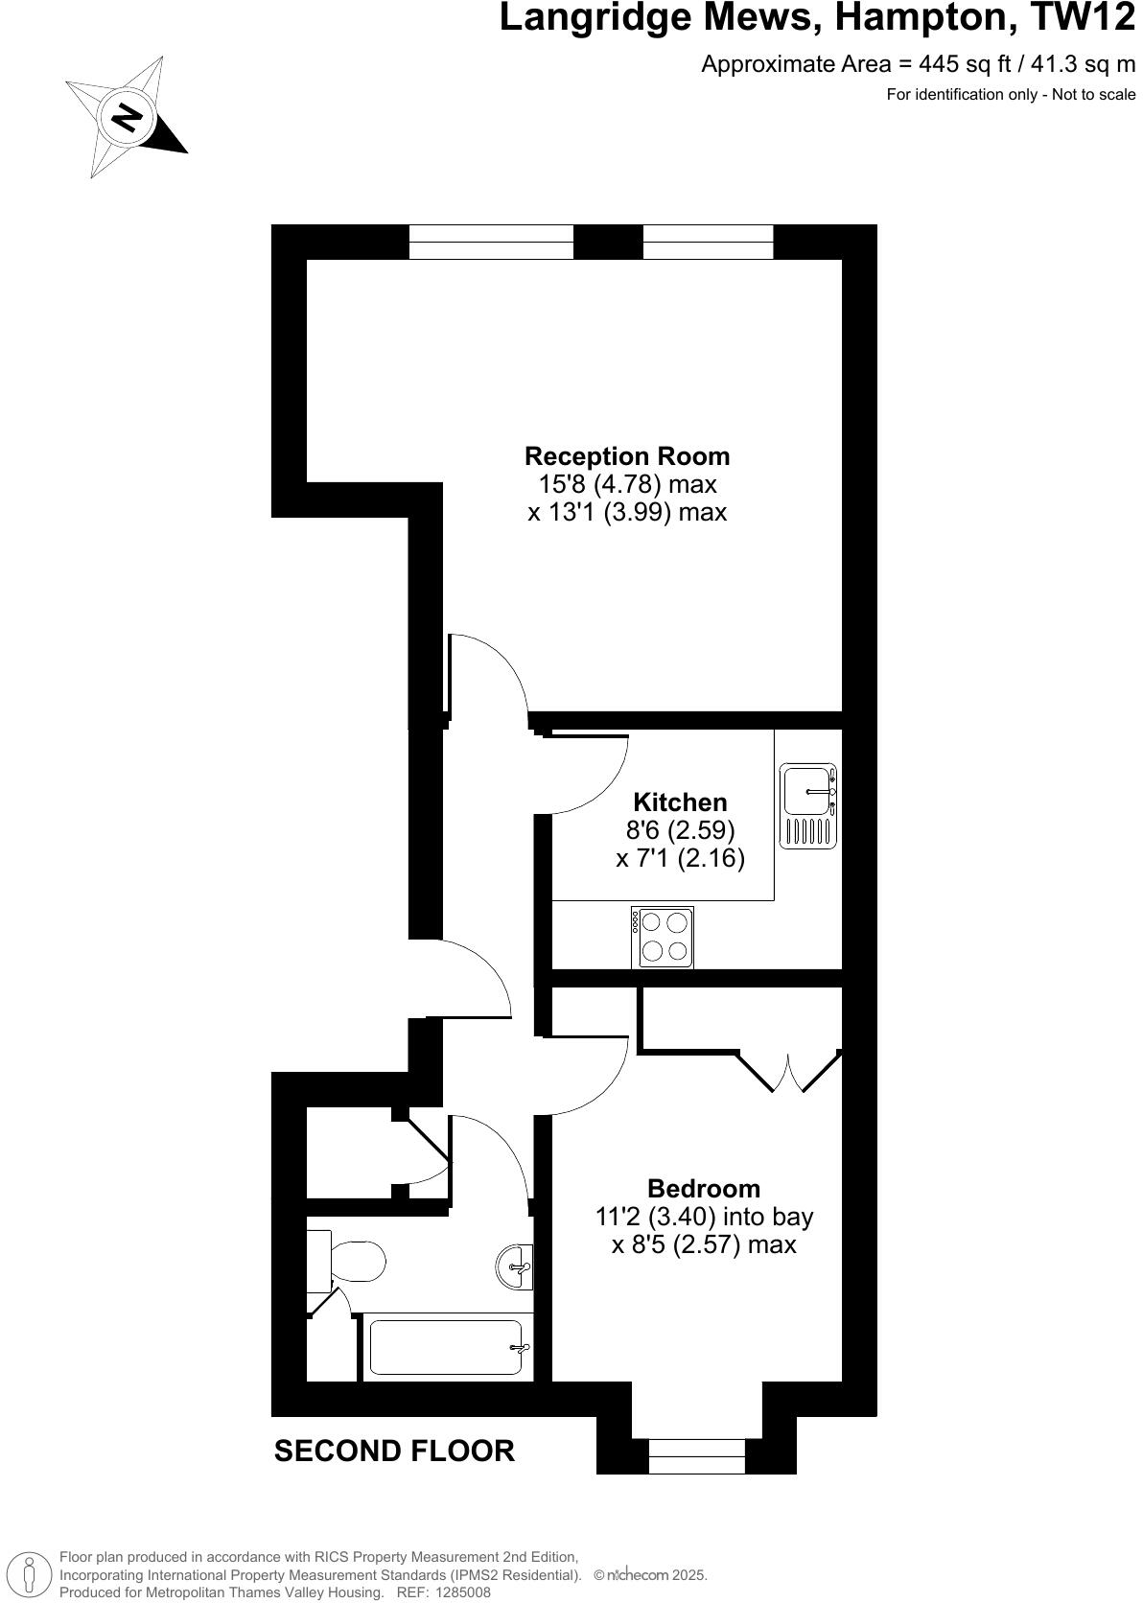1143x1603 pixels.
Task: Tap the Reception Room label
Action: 627,456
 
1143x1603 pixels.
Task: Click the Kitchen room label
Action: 681,801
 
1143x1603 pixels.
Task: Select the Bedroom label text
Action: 704,1189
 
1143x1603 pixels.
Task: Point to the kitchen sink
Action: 807,806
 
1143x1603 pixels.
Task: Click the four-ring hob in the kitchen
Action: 663,937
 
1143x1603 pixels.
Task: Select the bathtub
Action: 447,1348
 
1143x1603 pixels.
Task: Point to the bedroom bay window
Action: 697,1455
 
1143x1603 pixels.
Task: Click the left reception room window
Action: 491,242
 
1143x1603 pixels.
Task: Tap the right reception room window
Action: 708,242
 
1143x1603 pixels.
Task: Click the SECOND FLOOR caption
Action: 394,1451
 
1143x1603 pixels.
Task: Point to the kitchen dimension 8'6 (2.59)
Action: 681,829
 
